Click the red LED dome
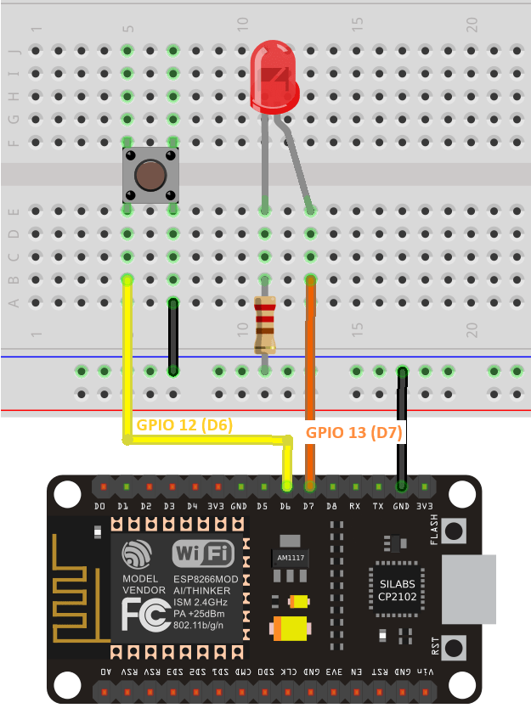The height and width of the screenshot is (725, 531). point(274,76)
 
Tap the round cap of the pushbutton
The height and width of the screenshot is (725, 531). point(150,176)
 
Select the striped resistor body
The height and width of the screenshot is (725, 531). point(265,324)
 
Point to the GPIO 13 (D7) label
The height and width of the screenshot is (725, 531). point(353,431)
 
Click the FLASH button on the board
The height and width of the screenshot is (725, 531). point(455,531)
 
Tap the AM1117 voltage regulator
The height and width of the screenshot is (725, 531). point(291,558)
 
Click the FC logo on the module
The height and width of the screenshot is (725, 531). point(144,614)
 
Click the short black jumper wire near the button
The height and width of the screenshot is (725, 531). point(173,335)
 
